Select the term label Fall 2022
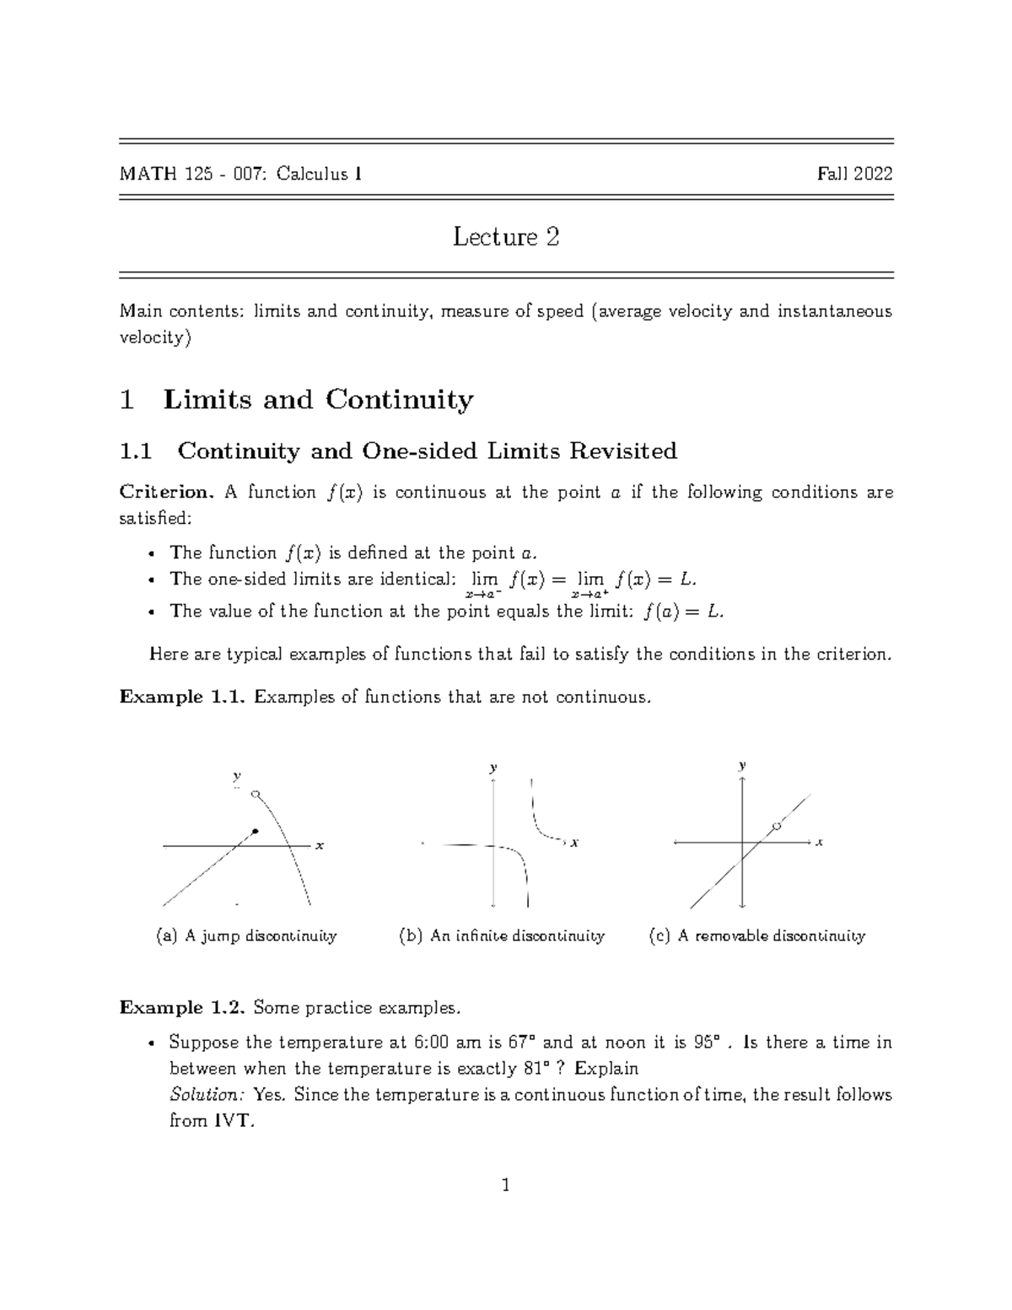[x=854, y=175]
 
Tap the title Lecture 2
[x=505, y=237]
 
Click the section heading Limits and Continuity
[x=318, y=399]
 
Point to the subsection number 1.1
[x=136, y=451]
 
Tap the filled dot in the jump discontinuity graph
[x=256, y=832]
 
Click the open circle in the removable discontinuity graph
[x=777, y=826]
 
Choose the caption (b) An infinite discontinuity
[x=502, y=935]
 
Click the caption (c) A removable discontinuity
[x=756, y=935]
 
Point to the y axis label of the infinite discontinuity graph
[x=493, y=768]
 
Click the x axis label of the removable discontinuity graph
[x=819, y=842]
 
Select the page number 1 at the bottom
[x=505, y=1187]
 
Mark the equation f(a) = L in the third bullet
[x=682, y=612]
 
